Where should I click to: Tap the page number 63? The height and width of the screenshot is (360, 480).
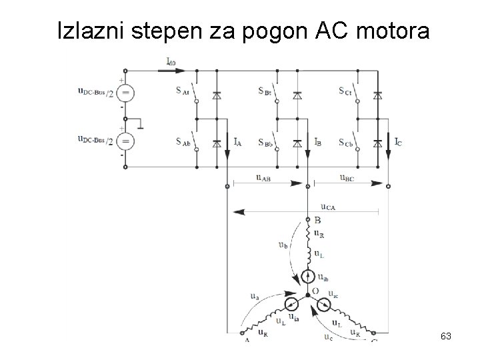446,337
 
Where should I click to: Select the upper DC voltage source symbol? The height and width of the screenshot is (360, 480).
125,92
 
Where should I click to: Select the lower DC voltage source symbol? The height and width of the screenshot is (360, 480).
125,141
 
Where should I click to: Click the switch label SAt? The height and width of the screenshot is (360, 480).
184,92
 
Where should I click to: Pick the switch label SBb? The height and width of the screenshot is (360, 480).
265,143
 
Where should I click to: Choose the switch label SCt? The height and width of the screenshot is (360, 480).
345,91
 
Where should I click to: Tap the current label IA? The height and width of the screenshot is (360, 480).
237,141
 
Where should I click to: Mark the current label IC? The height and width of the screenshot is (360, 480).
397,141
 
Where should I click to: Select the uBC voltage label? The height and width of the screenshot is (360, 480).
347,178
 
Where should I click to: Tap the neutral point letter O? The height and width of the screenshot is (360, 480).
316,291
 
